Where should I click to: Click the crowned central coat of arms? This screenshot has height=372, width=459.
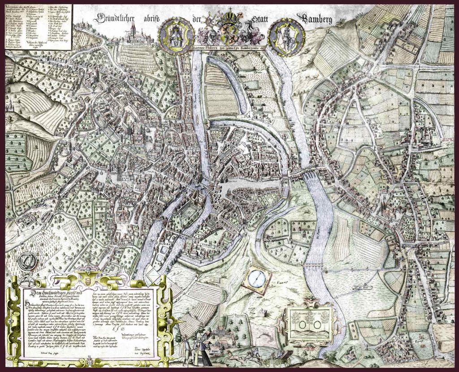(x=232, y=29)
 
